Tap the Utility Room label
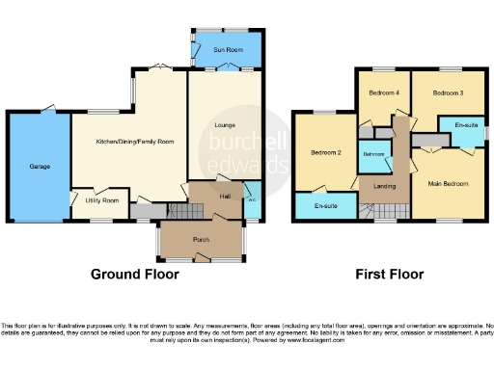pos(101,200)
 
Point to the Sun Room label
pos(227,48)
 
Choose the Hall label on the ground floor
pos(224,196)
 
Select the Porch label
pos(202,239)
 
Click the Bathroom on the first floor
pos(374,153)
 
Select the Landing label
pos(371,185)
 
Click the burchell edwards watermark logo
pos(242,152)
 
